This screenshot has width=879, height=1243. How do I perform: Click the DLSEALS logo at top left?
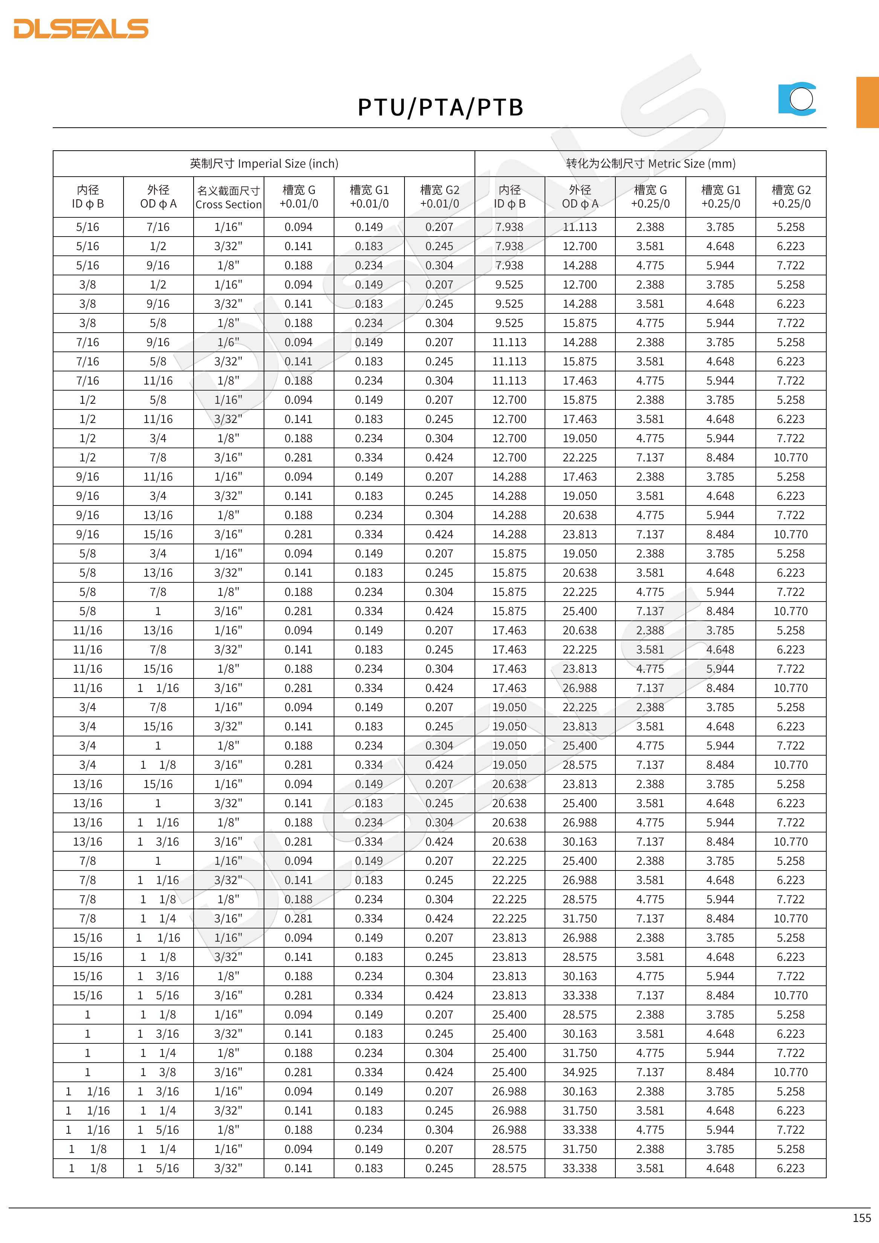point(81,29)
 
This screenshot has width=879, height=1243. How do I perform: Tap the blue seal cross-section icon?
point(797,99)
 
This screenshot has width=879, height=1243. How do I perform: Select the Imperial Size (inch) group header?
point(264,163)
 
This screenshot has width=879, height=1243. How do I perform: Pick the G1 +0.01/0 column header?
point(369,197)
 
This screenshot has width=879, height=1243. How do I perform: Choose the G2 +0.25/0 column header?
point(791,197)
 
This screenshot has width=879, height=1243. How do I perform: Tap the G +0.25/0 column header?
point(650,197)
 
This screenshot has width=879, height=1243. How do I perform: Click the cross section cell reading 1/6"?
point(228,342)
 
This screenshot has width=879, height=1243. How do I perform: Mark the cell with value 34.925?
point(580,1072)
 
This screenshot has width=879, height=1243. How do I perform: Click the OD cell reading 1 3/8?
point(158,1072)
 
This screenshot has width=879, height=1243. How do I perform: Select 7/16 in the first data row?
point(158,227)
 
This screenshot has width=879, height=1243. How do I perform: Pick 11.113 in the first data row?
point(580,227)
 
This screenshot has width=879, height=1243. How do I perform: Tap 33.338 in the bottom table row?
point(580,1168)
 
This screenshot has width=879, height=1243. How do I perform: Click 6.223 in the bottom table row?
point(791,1168)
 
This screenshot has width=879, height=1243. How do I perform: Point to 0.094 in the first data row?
point(299,227)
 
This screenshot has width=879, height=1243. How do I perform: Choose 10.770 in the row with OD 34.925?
point(791,1072)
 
